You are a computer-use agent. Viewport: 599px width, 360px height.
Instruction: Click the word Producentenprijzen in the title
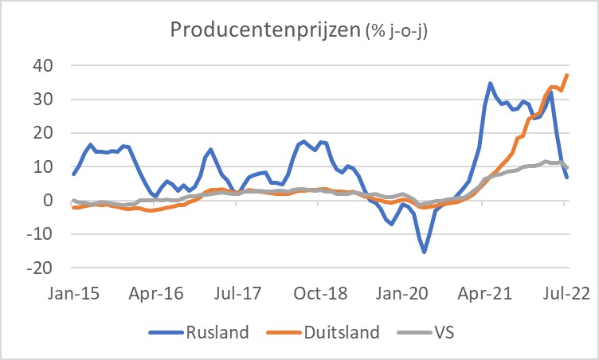point(265,31)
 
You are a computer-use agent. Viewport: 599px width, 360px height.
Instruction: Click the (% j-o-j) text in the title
point(402,33)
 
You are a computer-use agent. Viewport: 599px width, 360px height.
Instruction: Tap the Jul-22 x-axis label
point(567,292)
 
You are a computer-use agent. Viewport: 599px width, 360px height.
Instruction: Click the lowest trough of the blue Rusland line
point(425,252)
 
